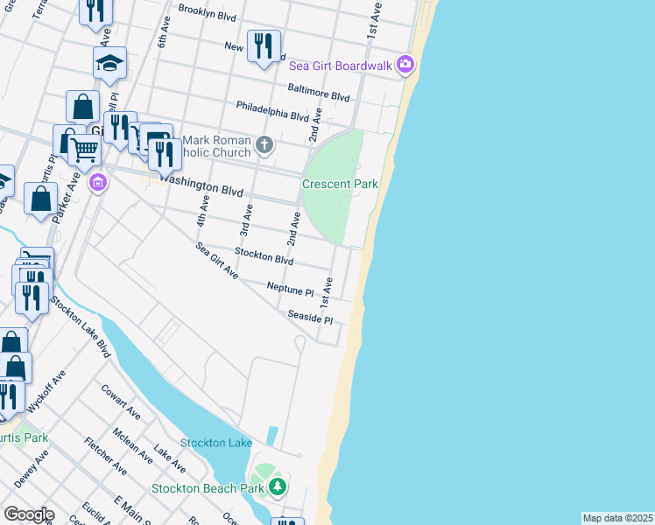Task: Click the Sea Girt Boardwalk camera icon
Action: pyautogui.click(x=405, y=64)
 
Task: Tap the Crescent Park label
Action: pyautogui.click(x=340, y=185)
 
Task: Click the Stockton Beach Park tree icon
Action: pyautogui.click(x=278, y=486)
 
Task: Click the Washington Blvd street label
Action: pyautogui.click(x=201, y=186)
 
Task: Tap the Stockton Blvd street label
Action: pyautogui.click(x=264, y=257)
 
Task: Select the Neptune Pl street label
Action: pyautogui.click(x=290, y=289)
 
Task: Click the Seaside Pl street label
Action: pyautogui.click(x=310, y=317)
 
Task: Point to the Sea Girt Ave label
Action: pyautogui.click(x=218, y=260)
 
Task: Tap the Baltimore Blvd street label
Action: pyautogui.click(x=319, y=92)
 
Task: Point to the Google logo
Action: pyautogui.click(x=28, y=514)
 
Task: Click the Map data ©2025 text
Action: pyautogui.click(x=618, y=518)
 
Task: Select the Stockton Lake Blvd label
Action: pyautogui.click(x=81, y=326)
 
